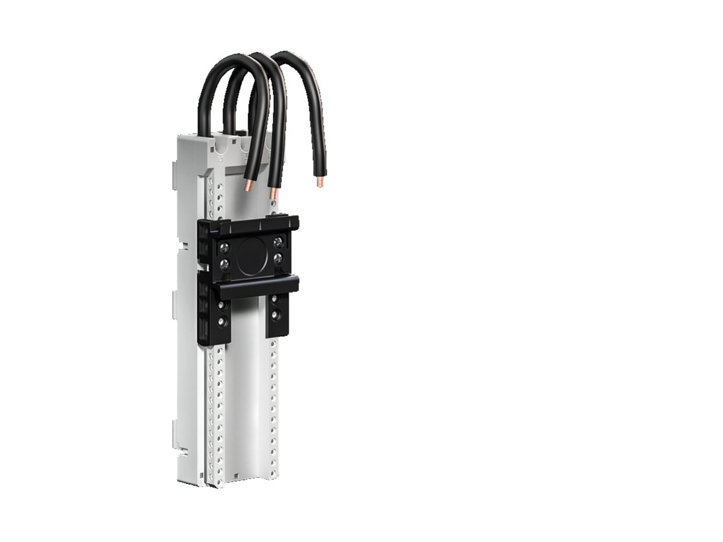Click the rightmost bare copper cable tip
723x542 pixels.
click(x=320, y=181)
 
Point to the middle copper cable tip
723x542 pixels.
click(x=273, y=194)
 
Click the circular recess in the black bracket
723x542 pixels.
click(x=251, y=255)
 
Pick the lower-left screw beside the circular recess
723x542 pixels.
click(x=224, y=264)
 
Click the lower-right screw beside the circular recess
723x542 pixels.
click(x=278, y=258)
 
